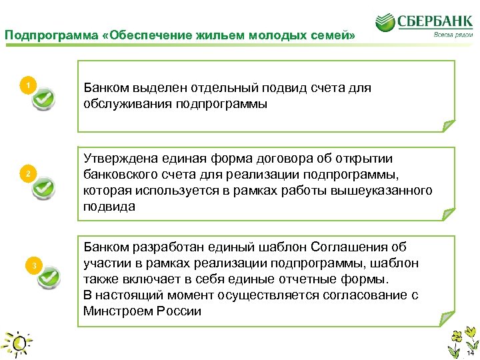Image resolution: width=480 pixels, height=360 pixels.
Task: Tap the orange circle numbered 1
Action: click(x=27, y=85)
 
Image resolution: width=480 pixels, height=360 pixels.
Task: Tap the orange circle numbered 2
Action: click(x=27, y=174)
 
